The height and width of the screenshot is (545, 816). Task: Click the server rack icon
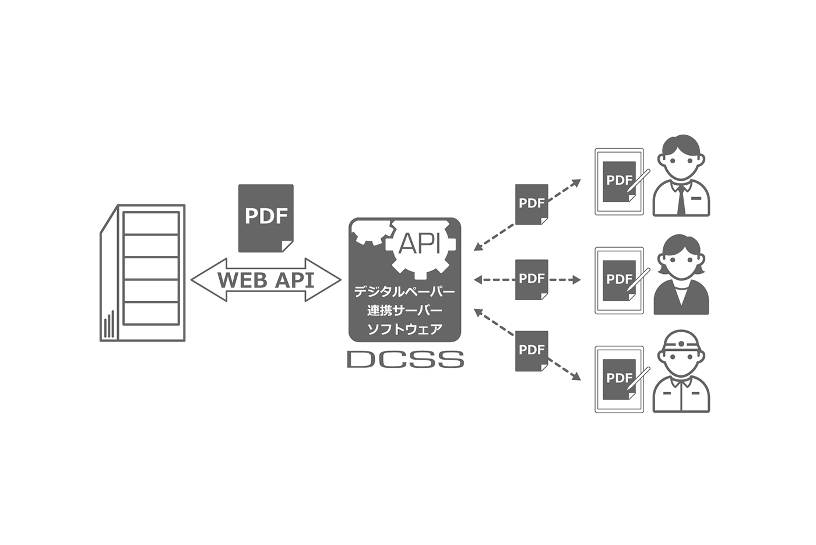(x=143, y=273)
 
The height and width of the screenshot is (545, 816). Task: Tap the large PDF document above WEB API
(x=266, y=217)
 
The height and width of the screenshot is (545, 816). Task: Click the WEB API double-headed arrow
(x=266, y=280)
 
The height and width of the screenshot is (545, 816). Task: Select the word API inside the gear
(x=419, y=244)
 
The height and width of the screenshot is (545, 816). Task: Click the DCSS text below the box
(x=406, y=359)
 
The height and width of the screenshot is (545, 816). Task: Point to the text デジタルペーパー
(x=405, y=291)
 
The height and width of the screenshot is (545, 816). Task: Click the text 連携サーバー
(x=405, y=310)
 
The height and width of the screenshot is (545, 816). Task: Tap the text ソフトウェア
(x=405, y=329)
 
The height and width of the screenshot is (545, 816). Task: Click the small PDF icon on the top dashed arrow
(x=532, y=204)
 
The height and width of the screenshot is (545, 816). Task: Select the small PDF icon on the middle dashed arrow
(x=532, y=279)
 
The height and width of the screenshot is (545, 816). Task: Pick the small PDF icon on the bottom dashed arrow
(x=532, y=351)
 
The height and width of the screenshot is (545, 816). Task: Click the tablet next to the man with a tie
(x=619, y=182)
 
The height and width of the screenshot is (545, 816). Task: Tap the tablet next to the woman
(x=619, y=280)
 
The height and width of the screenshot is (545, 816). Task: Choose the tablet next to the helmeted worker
(x=619, y=379)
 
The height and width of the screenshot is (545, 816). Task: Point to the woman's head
(x=681, y=258)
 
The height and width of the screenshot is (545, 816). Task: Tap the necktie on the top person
(x=681, y=199)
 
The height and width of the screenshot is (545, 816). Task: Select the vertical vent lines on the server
(x=109, y=327)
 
